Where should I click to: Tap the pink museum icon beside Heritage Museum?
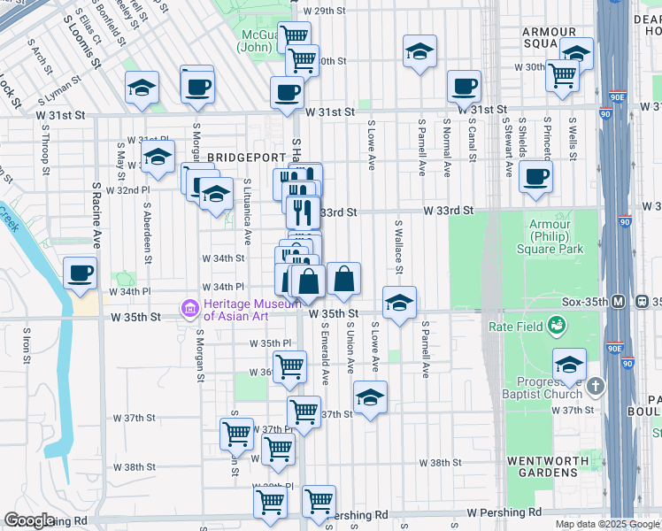coord(189,308)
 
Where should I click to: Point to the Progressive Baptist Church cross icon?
coord(596,386)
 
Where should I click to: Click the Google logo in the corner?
coord(30,519)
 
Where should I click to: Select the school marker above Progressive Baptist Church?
coord(569,363)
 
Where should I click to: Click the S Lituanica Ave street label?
coord(248,212)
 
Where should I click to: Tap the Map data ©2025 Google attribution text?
coord(606,524)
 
